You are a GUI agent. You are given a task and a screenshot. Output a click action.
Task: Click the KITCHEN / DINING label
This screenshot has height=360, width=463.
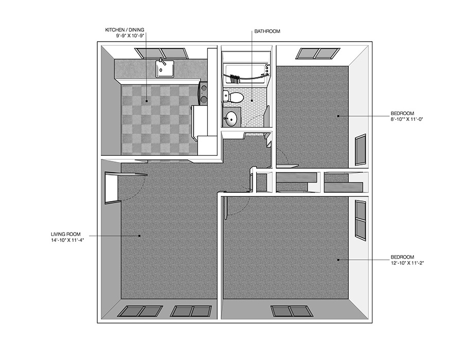tap(124, 30)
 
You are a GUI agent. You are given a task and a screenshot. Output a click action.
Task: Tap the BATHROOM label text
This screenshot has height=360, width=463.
tap(267, 31)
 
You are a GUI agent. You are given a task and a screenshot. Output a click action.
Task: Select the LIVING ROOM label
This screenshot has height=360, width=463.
tap(65, 235)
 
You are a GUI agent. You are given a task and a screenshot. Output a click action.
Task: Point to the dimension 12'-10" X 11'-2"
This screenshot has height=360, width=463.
tap(407, 263)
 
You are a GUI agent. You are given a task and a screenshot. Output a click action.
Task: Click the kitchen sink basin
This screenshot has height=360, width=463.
tap(165, 68)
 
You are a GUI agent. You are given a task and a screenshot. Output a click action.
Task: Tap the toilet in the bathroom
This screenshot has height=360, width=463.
tap(233, 97)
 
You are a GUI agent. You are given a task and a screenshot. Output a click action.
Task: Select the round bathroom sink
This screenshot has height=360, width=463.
tap(232, 119)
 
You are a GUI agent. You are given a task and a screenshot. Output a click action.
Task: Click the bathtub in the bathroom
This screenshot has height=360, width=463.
tap(246, 69)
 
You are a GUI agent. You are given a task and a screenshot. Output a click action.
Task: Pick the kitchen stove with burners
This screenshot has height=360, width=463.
tap(203, 93)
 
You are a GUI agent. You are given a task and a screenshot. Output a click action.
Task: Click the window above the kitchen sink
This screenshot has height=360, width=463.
tap(162, 53)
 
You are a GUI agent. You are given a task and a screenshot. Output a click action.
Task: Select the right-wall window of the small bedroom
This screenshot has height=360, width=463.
tap(361, 150)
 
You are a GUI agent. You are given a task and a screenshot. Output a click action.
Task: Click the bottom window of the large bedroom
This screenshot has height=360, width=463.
tap(292, 311)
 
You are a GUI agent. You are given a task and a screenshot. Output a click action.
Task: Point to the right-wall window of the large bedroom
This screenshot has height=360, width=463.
tap(361, 219)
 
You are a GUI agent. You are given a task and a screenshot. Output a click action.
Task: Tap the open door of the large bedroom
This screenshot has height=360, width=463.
tap(226, 208)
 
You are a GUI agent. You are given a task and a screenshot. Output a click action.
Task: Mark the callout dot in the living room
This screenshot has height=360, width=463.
tap(139, 236)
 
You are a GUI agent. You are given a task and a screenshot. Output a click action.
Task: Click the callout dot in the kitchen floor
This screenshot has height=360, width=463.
tap(147, 101)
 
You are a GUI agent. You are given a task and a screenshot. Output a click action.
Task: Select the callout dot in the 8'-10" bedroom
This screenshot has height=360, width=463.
tap(339, 116)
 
